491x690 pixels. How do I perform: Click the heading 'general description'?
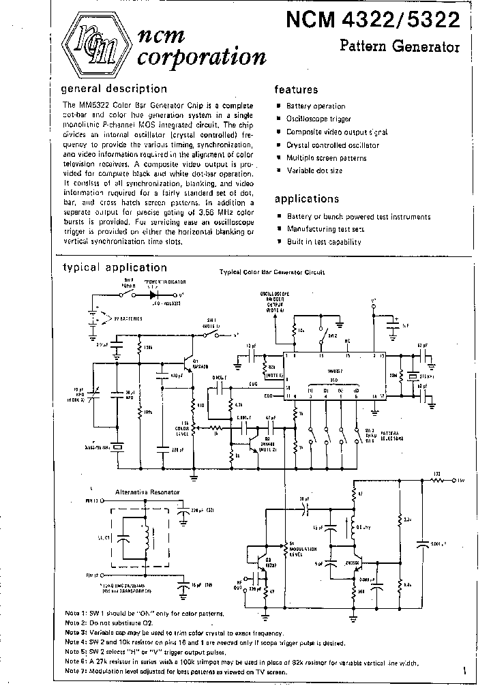point(114,89)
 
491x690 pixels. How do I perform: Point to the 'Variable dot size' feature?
point(314,170)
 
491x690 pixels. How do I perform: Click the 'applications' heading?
point(306,199)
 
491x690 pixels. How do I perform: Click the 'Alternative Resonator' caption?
point(148,491)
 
